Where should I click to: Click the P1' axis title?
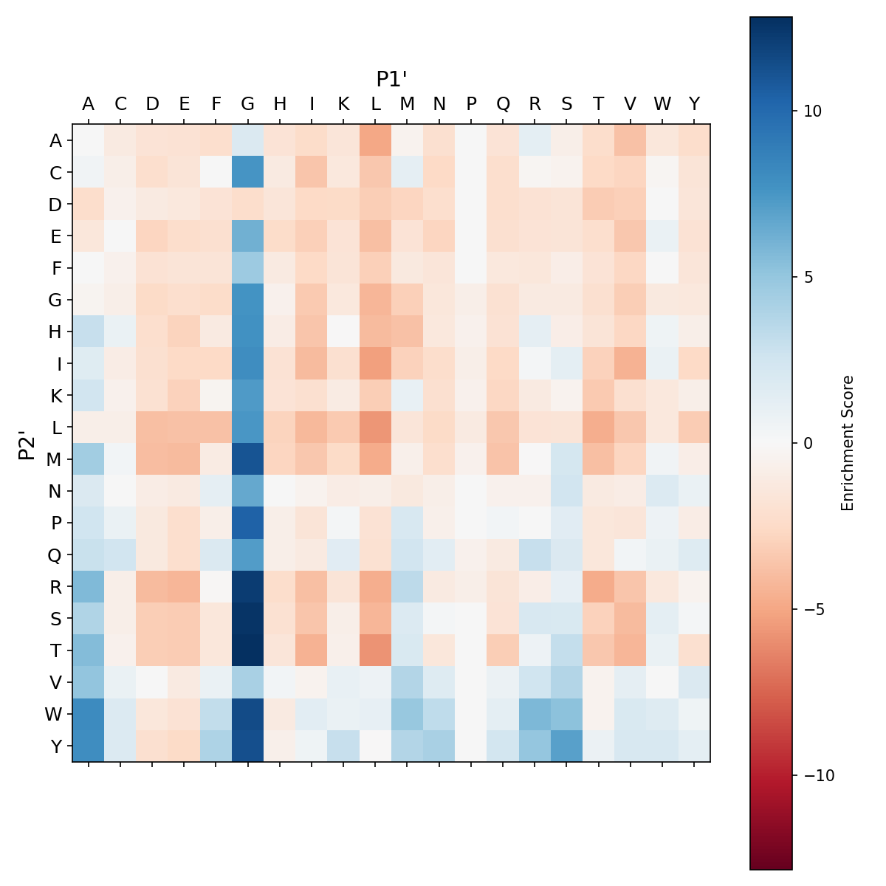391,79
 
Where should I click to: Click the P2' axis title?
27,444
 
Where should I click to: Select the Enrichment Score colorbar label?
848,443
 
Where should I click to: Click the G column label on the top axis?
248,104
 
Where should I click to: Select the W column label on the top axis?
662,104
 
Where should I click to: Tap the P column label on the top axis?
471,104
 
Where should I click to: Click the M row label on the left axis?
55,459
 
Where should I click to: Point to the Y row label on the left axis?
55,746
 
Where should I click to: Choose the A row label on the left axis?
55,140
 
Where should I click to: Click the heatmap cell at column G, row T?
248,650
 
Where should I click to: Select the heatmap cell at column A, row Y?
89,746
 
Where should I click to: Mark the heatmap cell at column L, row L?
376,427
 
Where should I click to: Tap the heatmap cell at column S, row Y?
567,746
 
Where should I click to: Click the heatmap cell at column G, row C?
248,172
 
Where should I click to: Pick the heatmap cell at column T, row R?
599,586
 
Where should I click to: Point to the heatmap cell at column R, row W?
535,714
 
